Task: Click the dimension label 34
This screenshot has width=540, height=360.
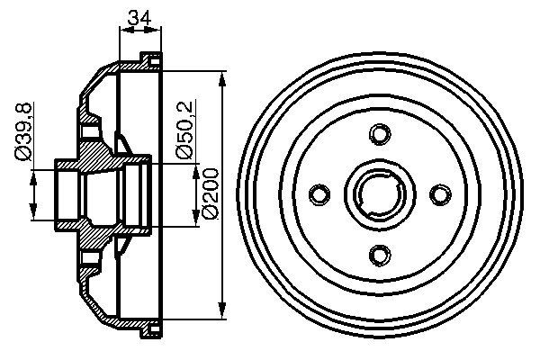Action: pos(139,16)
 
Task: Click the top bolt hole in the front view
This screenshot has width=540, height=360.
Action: pos(378,134)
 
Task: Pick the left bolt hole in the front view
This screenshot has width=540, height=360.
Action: pos(319,193)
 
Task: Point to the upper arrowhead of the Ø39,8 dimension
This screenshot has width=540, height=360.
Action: pos(35,172)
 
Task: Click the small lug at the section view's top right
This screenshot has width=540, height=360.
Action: pos(152,59)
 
